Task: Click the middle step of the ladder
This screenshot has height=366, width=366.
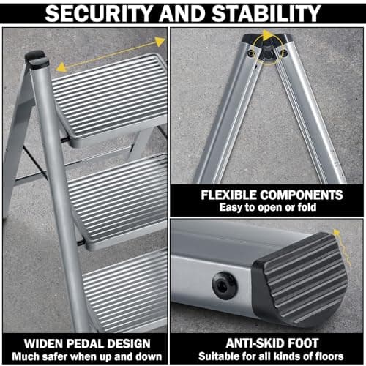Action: point(117,198)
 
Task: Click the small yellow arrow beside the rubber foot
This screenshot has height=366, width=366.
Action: point(337,236)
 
